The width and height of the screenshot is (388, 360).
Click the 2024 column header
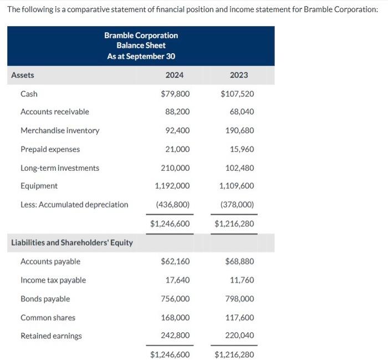point(174,75)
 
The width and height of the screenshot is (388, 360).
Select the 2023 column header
point(239,75)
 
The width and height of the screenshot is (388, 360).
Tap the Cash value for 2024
point(175,94)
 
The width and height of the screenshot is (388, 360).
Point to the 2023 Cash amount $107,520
point(237,94)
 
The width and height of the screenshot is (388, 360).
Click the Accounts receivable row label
point(54,112)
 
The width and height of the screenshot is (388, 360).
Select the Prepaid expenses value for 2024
point(177,149)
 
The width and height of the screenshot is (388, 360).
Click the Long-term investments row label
point(60,168)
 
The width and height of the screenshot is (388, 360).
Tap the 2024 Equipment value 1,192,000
point(172,186)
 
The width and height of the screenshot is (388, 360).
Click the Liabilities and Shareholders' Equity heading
point(72,243)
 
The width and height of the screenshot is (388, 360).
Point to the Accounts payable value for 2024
point(175,261)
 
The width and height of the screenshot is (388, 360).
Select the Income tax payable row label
point(53,280)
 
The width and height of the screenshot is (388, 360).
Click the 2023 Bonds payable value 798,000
point(240,299)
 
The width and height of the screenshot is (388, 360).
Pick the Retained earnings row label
point(51,336)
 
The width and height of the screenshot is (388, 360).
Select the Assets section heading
point(23,75)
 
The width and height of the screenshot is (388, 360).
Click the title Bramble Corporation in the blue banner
point(141,36)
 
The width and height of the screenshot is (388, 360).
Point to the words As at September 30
point(141,56)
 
